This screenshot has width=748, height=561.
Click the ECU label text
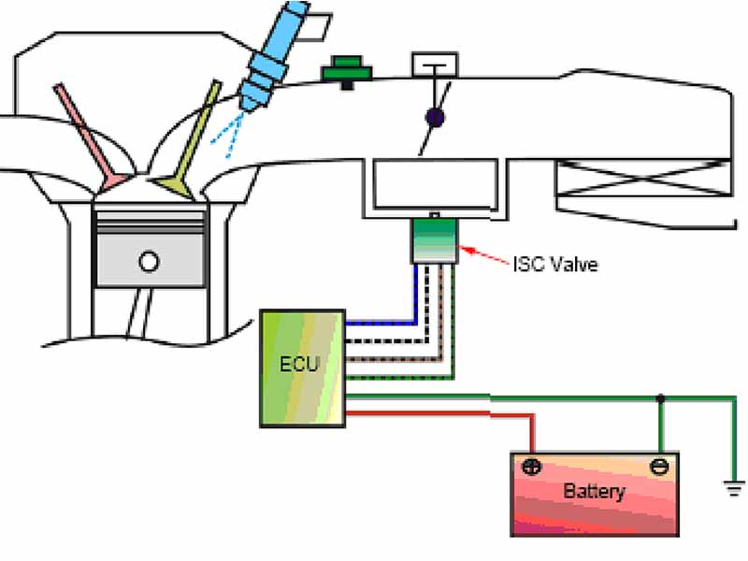[x=298, y=364]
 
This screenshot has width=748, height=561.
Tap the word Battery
[x=594, y=491]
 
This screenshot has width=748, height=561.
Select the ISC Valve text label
[x=555, y=264]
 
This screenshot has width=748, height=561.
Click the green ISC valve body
[x=434, y=241]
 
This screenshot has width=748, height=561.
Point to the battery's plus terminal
[x=531, y=466]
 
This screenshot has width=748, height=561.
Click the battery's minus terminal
[x=659, y=466]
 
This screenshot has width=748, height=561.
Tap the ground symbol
[x=734, y=488]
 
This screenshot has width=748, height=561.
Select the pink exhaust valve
[x=91, y=137]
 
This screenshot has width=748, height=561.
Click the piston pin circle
[x=149, y=262]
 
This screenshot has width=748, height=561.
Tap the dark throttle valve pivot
[x=435, y=118]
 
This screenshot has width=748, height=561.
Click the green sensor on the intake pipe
[x=347, y=72]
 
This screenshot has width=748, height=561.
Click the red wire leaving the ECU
[x=439, y=414]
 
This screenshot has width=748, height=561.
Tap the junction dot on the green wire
[x=660, y=397]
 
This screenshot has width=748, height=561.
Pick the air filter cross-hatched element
[x=644, y=178]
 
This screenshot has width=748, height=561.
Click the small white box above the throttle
[x=435, y=65]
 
